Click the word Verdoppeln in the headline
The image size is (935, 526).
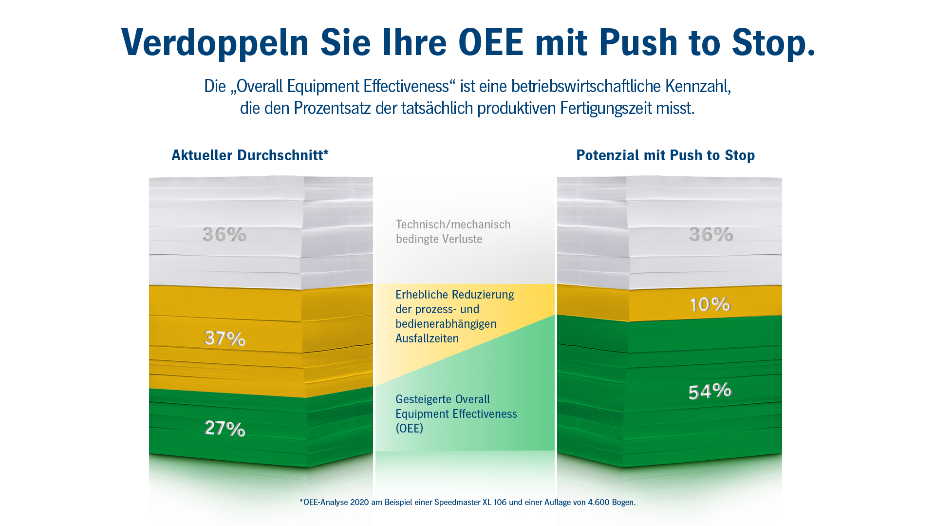[215, 43]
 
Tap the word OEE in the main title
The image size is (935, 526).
[490, 42]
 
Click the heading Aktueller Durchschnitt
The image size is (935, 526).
[250, 155]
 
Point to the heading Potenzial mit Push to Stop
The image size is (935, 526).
[665, 155]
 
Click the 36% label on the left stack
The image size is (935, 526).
[224, 234]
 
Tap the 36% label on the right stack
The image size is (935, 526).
[711, 234]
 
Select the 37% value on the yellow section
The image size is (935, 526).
[224, 338]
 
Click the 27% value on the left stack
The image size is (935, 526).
[224, 428]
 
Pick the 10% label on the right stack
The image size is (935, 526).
[710, 304]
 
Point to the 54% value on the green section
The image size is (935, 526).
[710, 391]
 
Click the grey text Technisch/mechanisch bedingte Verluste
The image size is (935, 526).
[453, 232]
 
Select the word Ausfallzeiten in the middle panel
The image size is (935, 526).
[427, 338]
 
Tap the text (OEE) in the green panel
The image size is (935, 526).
[409, 428]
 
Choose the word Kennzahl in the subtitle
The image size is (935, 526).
[698, 86]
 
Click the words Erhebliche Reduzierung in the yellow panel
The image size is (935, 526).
[454, 295]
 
